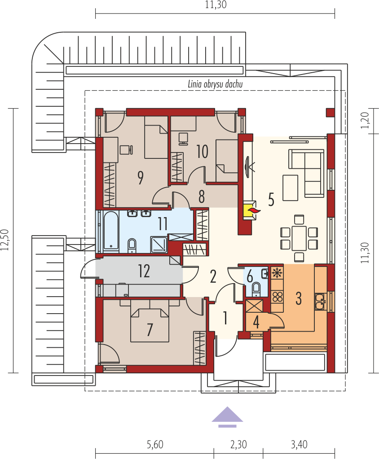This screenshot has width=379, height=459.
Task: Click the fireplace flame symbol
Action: click(x=254, y=210)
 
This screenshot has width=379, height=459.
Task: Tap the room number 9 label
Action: click(x=141, y=178)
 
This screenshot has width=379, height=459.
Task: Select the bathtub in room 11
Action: click(x=111, y=232)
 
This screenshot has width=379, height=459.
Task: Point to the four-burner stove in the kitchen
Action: click(x=278, y=296)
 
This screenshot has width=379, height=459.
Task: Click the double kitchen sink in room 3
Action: click(x=320, y=302)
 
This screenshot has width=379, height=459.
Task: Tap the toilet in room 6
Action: click(x=257, y=289)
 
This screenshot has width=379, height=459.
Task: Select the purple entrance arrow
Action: click(x=227, y=417)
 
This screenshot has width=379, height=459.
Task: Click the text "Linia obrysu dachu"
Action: click(x=215, y=84)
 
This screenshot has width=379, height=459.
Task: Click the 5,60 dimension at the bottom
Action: click(x=154, y=445)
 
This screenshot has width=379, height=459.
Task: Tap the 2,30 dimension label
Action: click(x=238, y=445)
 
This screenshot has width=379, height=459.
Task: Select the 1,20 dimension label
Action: click(x=365, y=121)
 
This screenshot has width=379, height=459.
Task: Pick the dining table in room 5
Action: click(x=299, y=237)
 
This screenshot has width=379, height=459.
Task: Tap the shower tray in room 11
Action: click(x=159, y=245)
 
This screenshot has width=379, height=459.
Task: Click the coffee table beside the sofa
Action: click(x=290, y=188)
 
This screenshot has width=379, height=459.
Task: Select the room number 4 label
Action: click(x=256, y=323)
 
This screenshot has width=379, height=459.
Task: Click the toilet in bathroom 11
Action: click(x=132, y=245)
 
